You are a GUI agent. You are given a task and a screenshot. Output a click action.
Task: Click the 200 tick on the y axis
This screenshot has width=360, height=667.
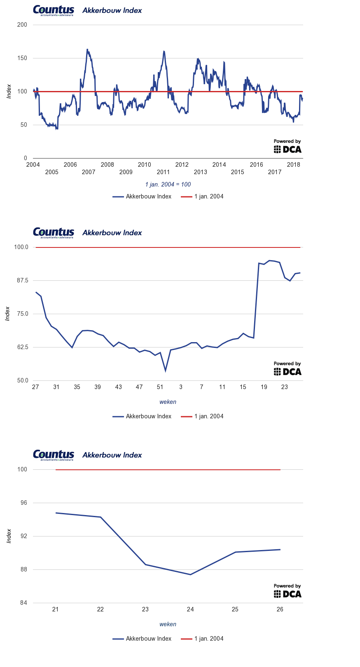pos(22,25)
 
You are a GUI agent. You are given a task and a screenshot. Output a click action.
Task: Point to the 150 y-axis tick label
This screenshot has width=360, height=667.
pos(22,58)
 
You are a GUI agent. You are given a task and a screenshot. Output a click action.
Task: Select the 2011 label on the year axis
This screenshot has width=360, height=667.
pos(163,172)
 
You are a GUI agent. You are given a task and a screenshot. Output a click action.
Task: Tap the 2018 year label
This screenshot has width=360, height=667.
pos(293,165)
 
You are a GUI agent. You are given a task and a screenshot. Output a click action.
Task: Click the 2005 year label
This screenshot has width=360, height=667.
pos(51,172)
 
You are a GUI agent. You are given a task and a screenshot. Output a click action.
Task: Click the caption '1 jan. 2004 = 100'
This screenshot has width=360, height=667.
pos(168,184)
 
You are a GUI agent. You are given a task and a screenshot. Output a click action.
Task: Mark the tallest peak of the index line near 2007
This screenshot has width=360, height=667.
pos(87,49)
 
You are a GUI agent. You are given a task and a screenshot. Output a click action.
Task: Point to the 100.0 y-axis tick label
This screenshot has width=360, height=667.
pos(21,247)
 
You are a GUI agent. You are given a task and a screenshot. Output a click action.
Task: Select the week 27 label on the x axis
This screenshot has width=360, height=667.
pos(35,387)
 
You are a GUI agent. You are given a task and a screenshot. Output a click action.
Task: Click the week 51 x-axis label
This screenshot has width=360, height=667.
pos(160,387)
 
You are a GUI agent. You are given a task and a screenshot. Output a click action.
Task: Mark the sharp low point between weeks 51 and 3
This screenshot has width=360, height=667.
pos(165,371)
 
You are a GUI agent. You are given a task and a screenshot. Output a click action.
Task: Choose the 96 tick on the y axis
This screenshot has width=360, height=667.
pos(23,503)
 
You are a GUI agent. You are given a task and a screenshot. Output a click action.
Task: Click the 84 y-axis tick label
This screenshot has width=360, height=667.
pos(23,603)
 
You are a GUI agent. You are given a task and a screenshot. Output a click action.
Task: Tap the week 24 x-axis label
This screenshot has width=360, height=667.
pos(190,609)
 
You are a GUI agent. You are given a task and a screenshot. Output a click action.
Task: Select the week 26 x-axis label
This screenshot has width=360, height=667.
pos(280,609)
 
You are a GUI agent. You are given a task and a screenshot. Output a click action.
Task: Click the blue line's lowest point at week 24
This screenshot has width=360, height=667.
pos(190,574)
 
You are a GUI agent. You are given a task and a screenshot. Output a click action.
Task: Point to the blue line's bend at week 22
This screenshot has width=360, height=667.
pos(101,517)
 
